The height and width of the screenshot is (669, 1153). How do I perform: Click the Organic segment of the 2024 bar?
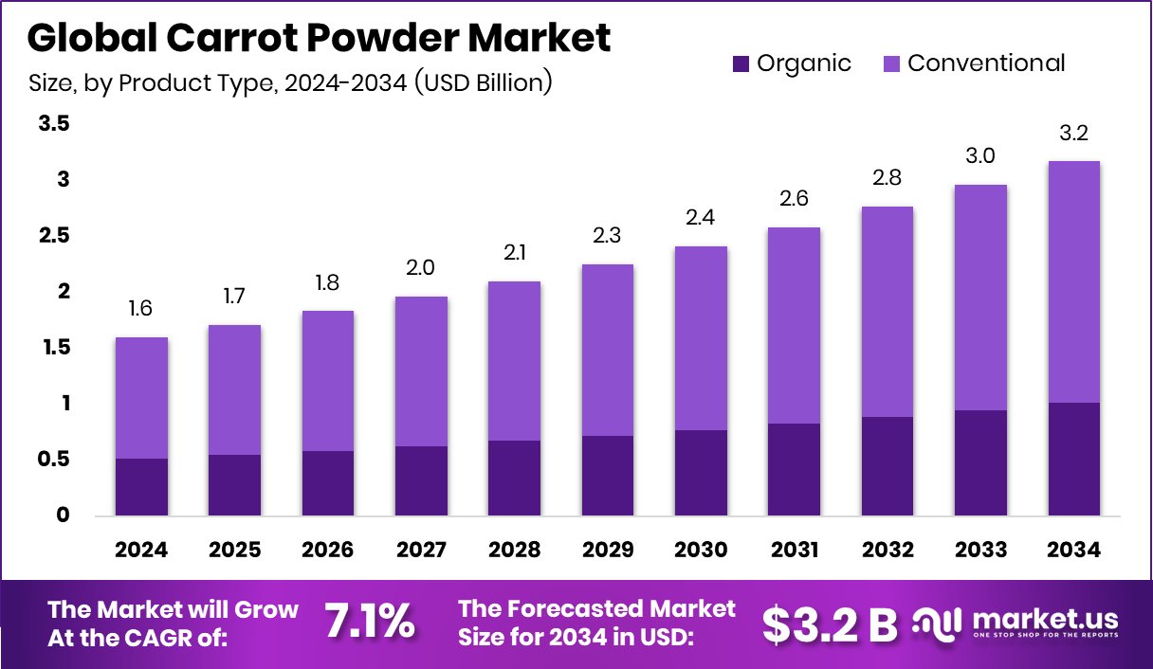tap(141, 487)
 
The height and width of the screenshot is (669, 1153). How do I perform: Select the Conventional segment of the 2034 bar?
tap(1074, 281)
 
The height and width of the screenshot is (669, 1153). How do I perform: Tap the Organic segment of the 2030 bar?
tap(701, 473)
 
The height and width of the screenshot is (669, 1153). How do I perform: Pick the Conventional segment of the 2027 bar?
tap(421, 371)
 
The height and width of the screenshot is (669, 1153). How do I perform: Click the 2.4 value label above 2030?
tap(701, 218)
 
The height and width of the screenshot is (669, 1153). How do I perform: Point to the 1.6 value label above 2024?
tap(141, 309)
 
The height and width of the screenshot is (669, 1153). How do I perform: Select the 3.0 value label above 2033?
tap(980, 156)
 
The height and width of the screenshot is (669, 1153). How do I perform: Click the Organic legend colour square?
tap(741, 64)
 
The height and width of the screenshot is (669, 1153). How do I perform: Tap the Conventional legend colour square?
tap(891, 64)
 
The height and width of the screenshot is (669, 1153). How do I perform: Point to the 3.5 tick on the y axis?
tap(54, 124)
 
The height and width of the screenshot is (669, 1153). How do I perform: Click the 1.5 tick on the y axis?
tap(54, 348)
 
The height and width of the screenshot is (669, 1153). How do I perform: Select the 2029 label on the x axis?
tap(608, 551)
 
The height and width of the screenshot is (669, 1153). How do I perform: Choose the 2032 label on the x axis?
tap(888, 551)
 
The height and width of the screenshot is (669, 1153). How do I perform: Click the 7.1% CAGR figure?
tap(370, 622)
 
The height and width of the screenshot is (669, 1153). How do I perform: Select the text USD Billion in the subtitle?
tap(482, 83)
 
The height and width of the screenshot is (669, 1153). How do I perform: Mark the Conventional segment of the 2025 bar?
tap(234, 389)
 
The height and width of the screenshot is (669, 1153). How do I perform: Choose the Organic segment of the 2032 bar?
tap(888, 466)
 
